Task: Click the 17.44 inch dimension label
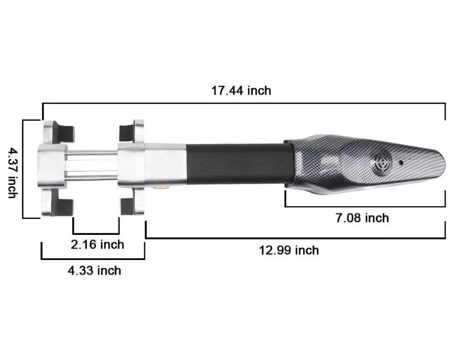click(241, 91)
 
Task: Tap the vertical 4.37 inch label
click(13, 172)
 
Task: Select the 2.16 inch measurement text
click(97, 245)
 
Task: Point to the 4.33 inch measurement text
click(94, 270)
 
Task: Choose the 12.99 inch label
click(289, 250)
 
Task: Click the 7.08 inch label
click(362, 218)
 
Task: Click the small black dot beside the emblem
click(401, 162)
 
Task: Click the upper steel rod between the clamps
click(92, 153)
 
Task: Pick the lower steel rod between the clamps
click(92, 177)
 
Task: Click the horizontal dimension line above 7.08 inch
click(364, 207)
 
